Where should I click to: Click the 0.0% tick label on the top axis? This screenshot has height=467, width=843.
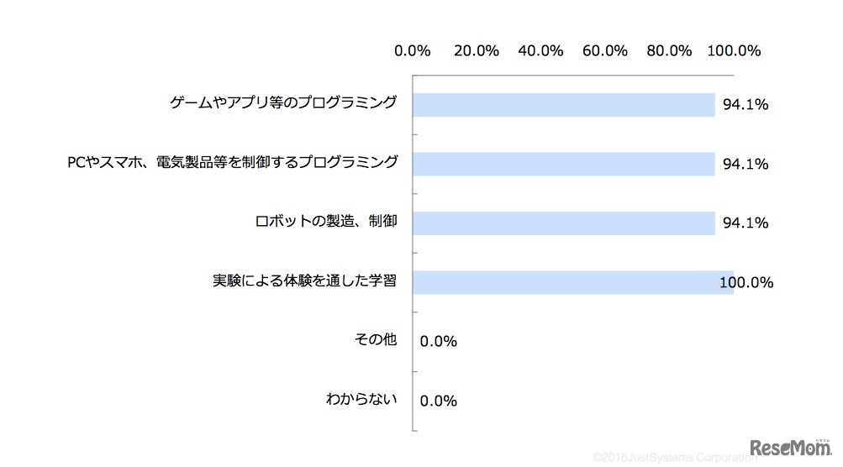[412, 50]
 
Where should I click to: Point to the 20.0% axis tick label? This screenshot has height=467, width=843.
[477, 50]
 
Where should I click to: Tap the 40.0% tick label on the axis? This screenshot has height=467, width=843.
[540, 50]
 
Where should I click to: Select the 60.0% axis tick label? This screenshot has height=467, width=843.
[605, 50]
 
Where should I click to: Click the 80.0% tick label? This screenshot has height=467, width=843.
[669, 50]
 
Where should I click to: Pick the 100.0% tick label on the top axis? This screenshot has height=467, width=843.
[734, 50]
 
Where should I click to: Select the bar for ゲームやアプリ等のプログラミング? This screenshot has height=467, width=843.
[564, 105]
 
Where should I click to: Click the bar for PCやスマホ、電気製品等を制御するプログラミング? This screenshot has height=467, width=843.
[564, 164]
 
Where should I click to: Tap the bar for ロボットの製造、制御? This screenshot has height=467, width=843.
[564, 223]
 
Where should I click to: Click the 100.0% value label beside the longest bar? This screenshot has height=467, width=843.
[746, 283]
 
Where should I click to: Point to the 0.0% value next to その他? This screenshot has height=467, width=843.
[438, 342]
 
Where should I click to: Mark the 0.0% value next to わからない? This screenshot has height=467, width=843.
[438, 401]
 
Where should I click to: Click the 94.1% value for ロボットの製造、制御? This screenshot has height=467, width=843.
[746, 223]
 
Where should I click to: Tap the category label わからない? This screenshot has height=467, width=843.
[361, 400]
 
